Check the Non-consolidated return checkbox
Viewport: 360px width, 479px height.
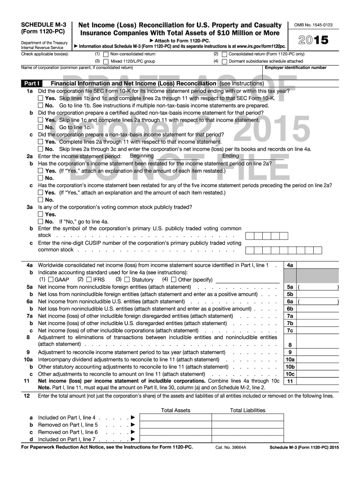click(106, 54)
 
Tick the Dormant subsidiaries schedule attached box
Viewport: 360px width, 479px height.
click(225, 61)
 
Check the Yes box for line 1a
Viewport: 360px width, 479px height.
click(41, 98)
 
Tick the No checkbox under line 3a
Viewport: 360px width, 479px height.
click(41, 221)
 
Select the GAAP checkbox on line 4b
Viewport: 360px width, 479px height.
click(50, 280)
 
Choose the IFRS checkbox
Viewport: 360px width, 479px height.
click(89, 280)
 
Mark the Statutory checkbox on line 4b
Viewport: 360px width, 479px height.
click(127, 280)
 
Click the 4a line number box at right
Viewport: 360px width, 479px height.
click(290, 265)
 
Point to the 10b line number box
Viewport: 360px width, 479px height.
click(290, 367)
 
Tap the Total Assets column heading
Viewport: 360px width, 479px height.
click(175, 410)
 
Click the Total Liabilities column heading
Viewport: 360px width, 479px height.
click(247, 410)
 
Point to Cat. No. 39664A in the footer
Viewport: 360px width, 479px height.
click(230, 448)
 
